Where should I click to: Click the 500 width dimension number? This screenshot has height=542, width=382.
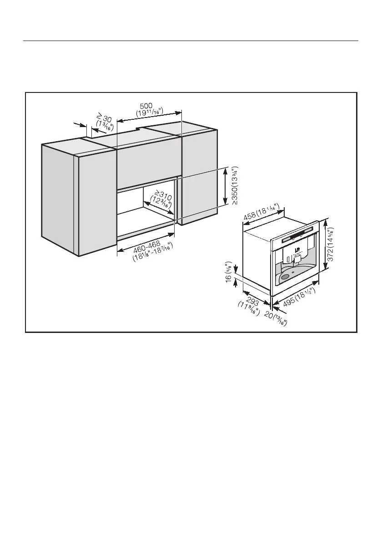[x=146, y=106]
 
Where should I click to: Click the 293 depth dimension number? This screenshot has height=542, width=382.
[x=252, y=302]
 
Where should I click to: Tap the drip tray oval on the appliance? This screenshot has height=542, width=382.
[x=286, y=276]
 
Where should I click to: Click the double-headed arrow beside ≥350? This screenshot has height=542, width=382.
[x=226, y=187]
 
